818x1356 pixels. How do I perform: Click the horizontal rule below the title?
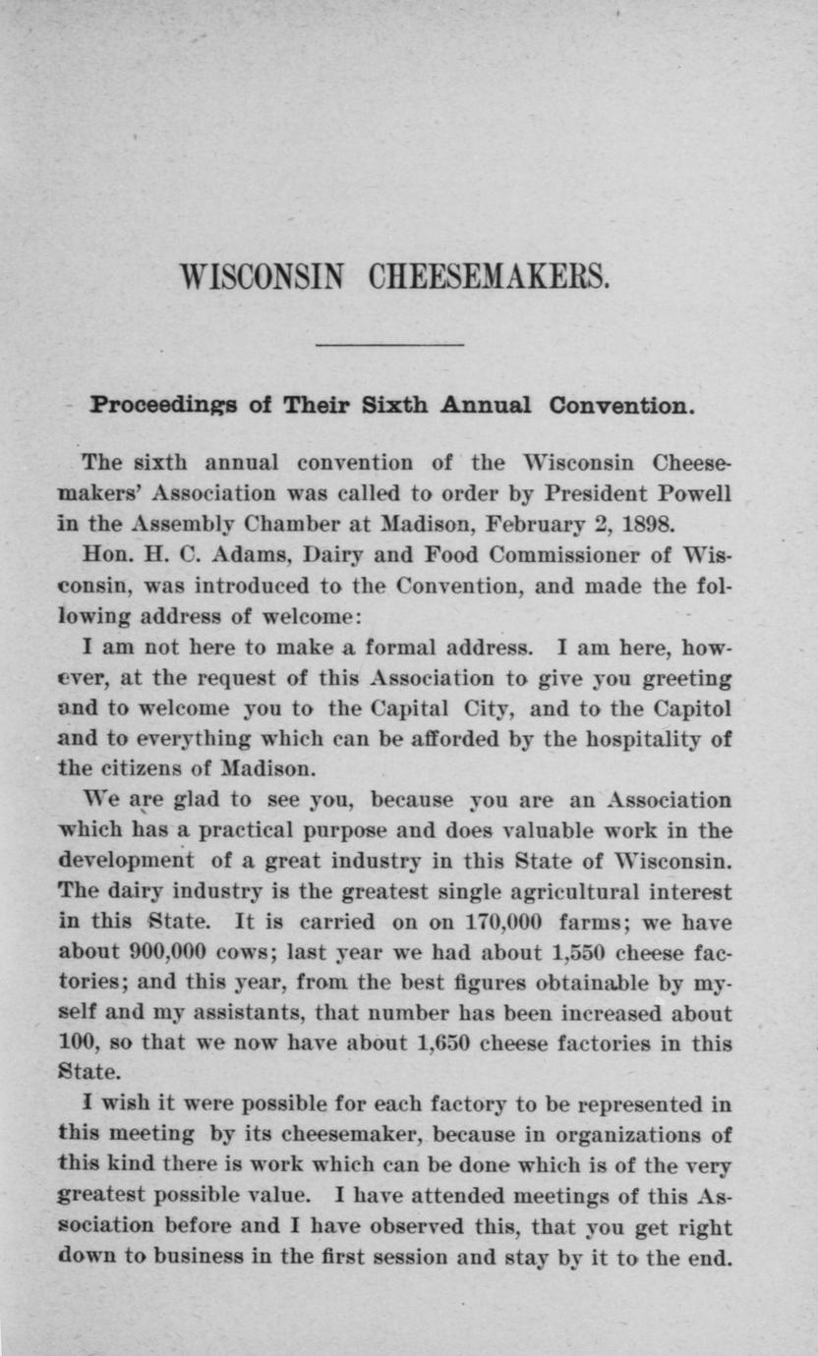point(389,344)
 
